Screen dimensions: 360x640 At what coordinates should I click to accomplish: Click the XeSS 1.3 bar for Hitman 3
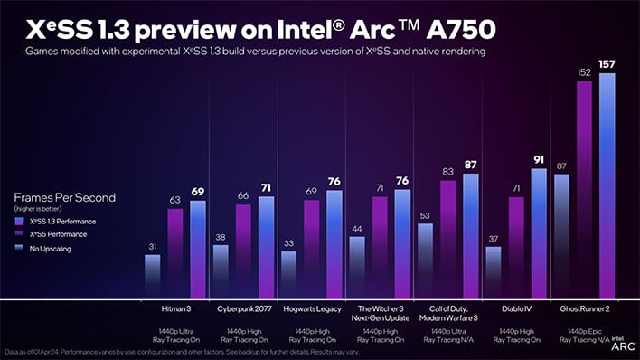(198, 250)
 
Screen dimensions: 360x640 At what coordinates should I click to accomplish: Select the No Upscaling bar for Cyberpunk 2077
(221, 271)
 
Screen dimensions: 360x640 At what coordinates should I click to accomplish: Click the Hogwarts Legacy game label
(311, 309)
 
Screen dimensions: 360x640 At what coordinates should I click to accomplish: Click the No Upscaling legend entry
(50, 246)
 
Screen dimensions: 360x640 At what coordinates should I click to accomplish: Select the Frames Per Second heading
(63, 197)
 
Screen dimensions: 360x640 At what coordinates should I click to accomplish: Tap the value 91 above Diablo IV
(539, 159)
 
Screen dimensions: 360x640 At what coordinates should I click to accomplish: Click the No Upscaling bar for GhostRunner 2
(561, 235)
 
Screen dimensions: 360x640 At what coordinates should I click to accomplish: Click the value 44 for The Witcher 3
(357, 228)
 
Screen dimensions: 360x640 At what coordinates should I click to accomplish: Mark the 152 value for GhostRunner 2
(584, 71)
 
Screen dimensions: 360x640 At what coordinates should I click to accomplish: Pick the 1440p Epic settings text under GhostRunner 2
(584, 331)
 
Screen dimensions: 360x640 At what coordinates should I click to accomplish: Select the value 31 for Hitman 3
(153, 246)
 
